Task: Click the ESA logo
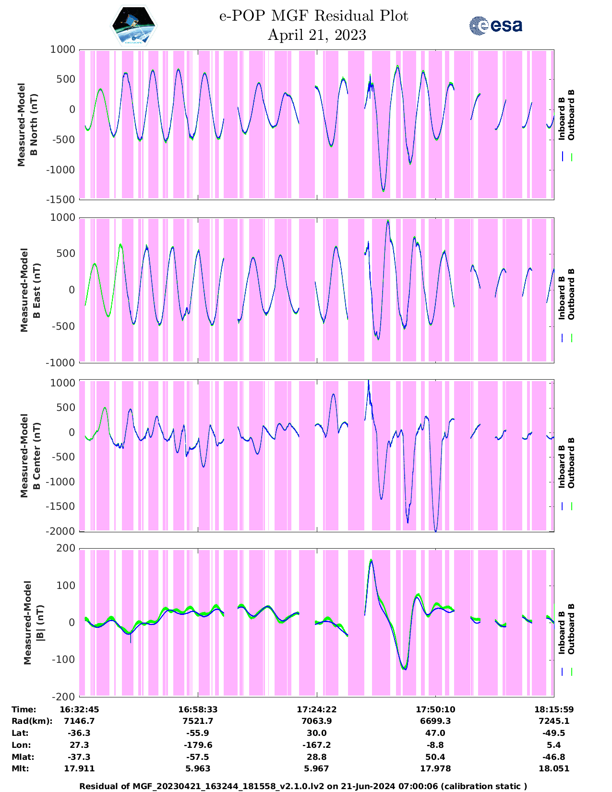[x=496, y=25]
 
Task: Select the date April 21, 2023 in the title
[x=316, y=35]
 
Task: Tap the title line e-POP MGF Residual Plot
[x=313, y=16]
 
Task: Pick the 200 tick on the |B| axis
[x=66, y=548]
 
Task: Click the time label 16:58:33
[x=198, y=709]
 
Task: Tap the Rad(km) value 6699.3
[x=435, y=721]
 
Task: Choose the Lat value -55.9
[x=198, y=733]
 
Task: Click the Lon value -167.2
[x=316, y=745]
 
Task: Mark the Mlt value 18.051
[x=554, y=768]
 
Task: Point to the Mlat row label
[x=22, y=757]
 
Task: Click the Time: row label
[x=24, y=709]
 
